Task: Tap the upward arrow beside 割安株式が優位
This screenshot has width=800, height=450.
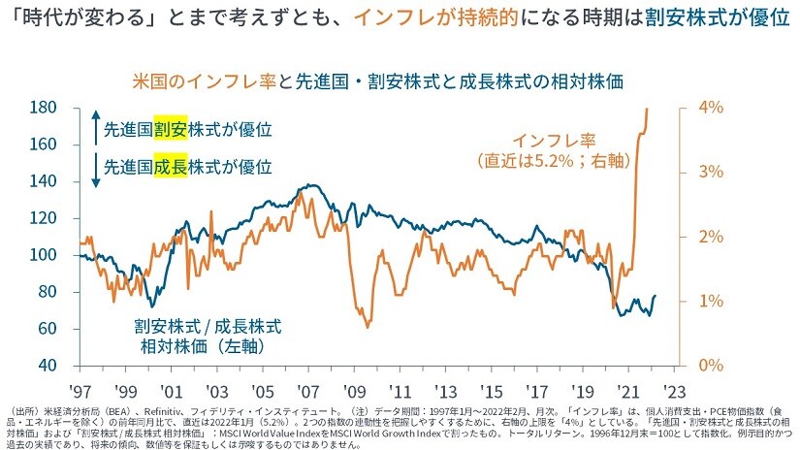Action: pyautogui.click(x=94, y=128)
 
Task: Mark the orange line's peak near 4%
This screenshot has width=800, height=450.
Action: pyautogui.click(x=647, y=109)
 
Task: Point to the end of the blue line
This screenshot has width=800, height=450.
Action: pyautogui.click(x=655, y=296)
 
